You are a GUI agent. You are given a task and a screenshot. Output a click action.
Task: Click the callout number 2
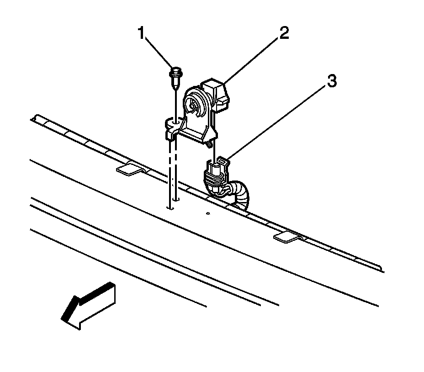tap(284, 34)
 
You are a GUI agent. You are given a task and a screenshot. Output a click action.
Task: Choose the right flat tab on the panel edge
tap(287, 236)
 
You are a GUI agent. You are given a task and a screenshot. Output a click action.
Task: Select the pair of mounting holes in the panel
tap(173, 203)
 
